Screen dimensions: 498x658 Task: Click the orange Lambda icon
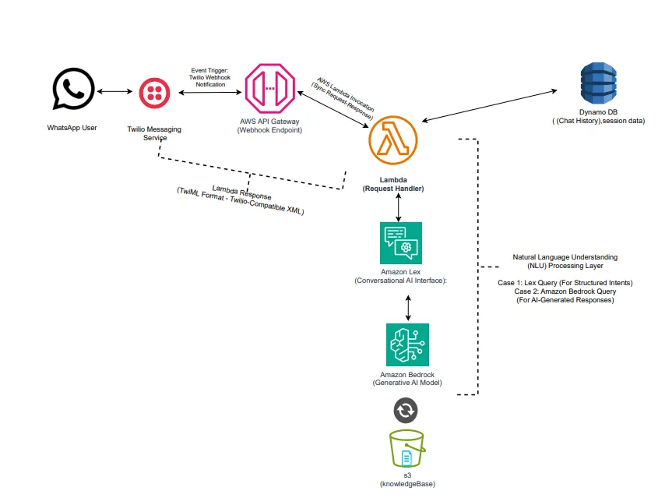(x=393, y=142)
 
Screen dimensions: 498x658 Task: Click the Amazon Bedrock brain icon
(x=407, y=344)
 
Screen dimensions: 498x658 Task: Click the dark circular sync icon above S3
(x=406, y=410)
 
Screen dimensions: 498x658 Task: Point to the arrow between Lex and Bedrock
(x=408, y=307)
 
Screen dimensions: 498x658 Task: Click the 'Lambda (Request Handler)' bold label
(x=393, y=184)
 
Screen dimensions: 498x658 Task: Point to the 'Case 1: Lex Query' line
(x=565, y=282)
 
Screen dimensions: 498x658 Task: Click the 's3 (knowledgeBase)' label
(x=407, y=479)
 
